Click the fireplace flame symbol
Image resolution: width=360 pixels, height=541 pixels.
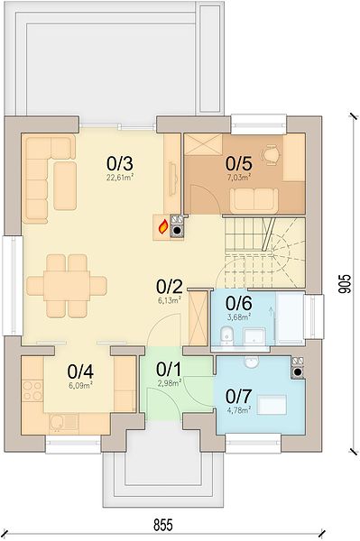point(163,227)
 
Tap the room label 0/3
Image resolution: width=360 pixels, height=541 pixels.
point(119,163)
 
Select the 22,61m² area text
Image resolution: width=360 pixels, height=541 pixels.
point(120,178)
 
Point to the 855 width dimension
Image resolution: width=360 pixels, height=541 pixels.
point(162,525)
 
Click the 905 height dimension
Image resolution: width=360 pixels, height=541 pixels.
point(345,284)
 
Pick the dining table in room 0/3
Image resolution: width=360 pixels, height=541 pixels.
point(67,286)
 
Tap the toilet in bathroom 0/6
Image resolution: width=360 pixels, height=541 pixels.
point(227,335)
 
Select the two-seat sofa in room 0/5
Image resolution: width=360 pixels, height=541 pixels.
point(254,200)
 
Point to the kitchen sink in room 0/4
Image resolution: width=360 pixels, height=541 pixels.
point(64,423)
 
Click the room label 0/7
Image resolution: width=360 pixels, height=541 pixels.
point(238,397)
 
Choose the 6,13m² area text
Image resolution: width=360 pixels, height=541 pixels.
point(169,300)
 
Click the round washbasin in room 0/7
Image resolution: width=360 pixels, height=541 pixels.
point(252,362)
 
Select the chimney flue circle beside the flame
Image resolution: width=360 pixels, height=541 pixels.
point(177,231)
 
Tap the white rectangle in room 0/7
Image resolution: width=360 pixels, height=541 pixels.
point(272,405)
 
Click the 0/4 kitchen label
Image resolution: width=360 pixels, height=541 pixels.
point(80,371)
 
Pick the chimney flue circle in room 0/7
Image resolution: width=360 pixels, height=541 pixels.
point(298,372)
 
